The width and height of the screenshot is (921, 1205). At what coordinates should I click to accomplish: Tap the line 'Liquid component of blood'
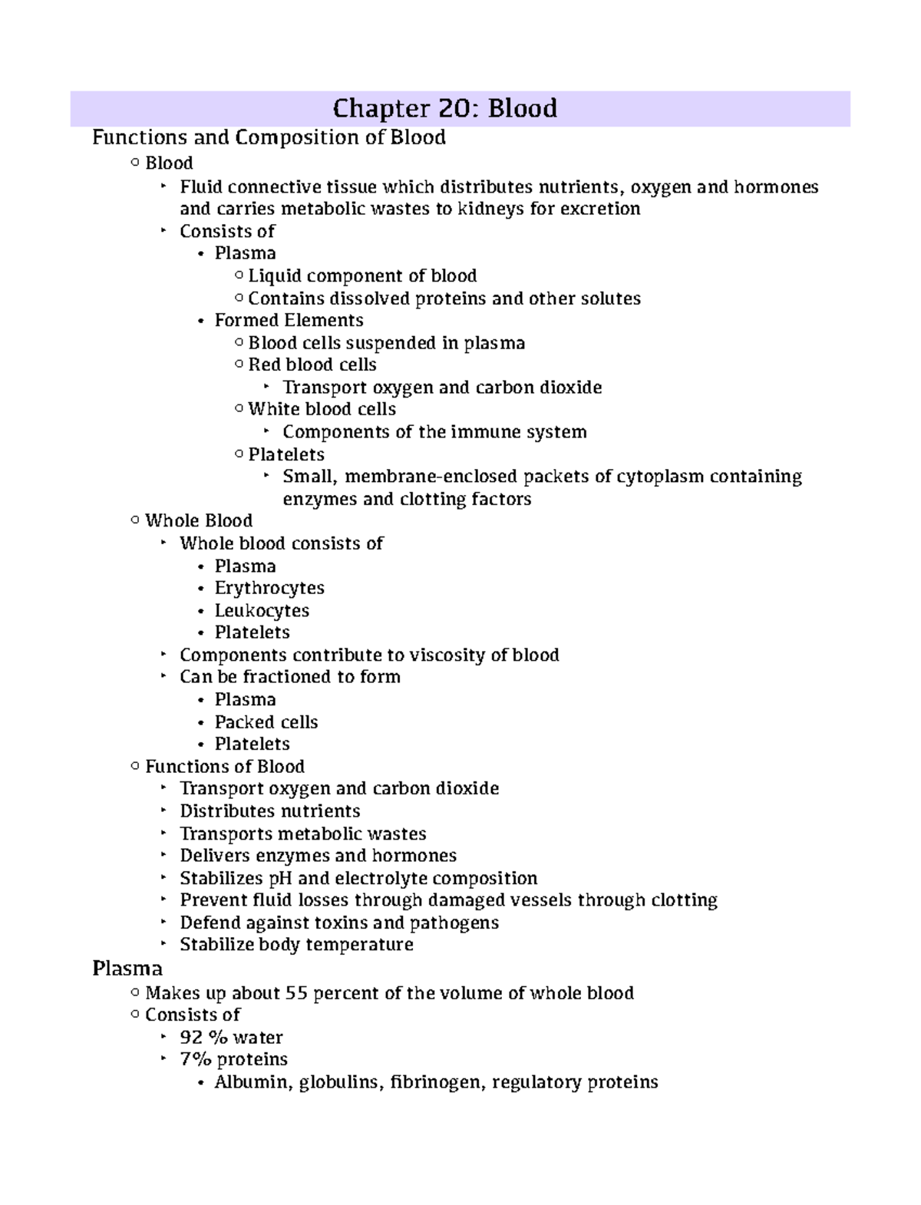point(362,276)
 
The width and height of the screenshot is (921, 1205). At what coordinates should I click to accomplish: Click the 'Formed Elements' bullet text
point(289,320)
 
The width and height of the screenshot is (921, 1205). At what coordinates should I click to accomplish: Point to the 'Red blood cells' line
point(312,365)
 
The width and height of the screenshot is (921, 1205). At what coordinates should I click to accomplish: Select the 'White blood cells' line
point(322,409)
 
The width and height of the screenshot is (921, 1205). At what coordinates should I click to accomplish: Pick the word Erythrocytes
point(269,588)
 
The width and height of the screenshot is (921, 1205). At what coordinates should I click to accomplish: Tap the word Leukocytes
point(262,611)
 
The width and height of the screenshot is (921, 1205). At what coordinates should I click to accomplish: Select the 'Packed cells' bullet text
point(266,722)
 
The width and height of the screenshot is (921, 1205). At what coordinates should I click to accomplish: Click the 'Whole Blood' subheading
point(199,521)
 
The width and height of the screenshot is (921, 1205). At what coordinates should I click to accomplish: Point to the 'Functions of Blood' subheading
point(225,767)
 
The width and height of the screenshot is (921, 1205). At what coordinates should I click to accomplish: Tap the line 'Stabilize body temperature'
point(296,945)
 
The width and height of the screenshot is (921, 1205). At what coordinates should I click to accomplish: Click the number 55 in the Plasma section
point(296,993)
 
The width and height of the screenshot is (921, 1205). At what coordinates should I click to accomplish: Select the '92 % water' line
point(231,1038)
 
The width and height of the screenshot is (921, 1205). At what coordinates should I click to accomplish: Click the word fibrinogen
point(435,1082)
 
